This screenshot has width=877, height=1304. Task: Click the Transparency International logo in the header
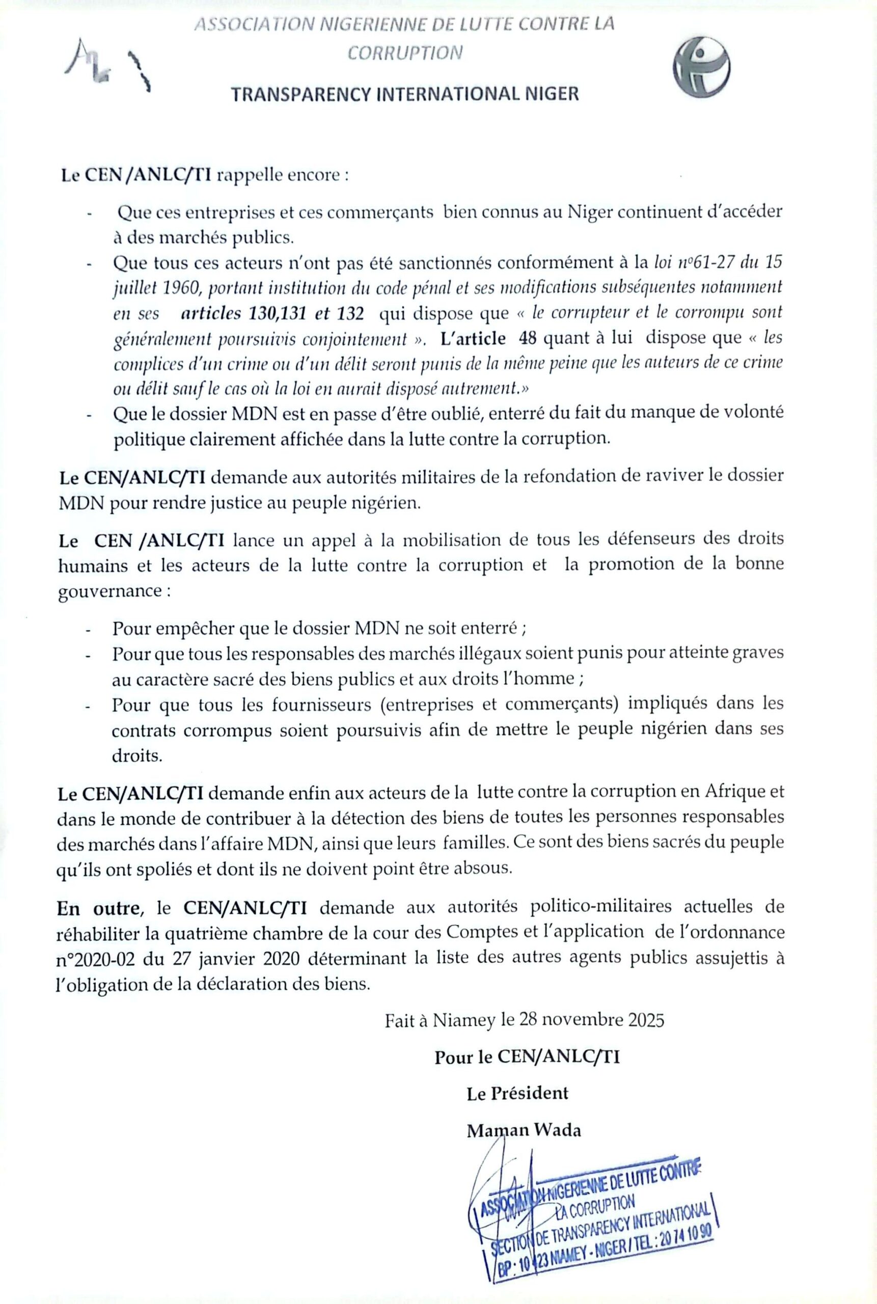(701, 70)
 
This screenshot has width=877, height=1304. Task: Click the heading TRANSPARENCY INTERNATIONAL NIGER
(405, 94)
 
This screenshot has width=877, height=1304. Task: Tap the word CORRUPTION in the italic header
(405, 52)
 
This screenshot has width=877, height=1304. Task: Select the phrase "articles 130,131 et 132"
(272, 313)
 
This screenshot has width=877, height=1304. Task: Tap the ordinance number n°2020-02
(92, 959)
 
